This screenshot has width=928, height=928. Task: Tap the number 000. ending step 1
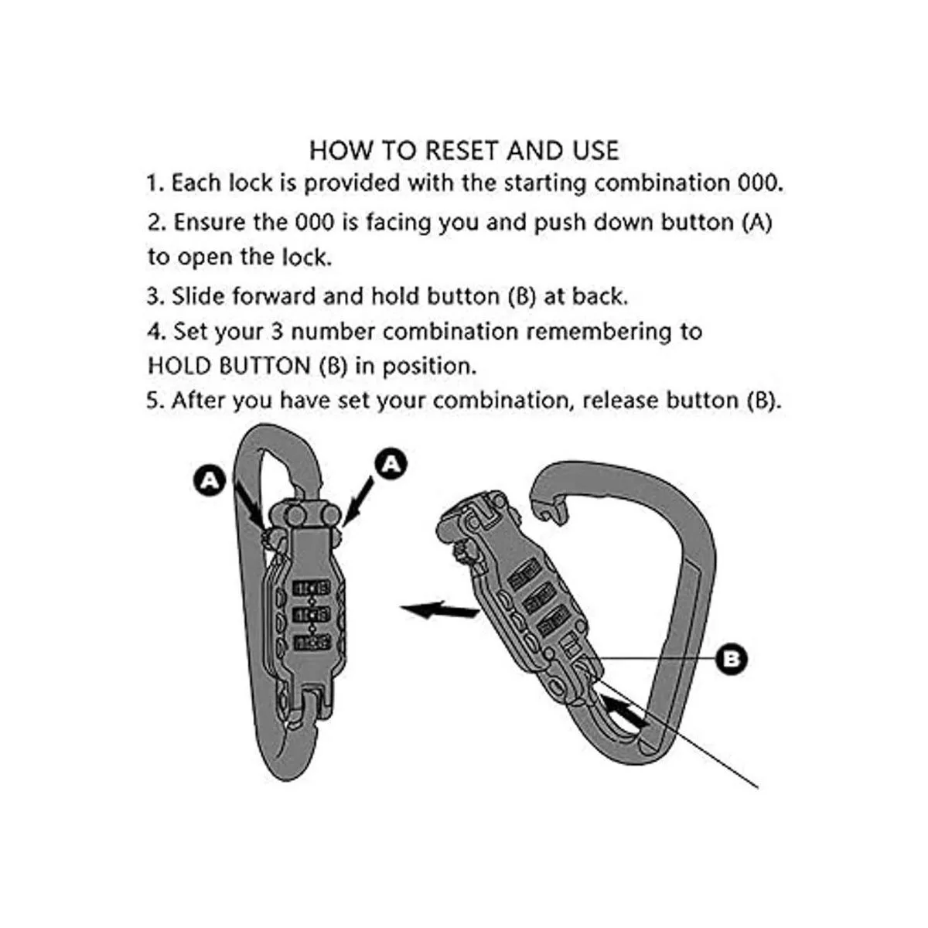tap(760, 183)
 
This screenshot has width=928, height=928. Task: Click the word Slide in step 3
tap(198, 296)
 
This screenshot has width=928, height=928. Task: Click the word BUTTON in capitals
tap(264, 366)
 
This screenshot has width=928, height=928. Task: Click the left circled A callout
tap(210, 479)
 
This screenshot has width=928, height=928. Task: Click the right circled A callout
tap(391, 464)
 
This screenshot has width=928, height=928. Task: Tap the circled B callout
tap(732, 658)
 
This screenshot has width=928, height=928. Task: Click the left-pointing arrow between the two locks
tap(440, 611)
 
